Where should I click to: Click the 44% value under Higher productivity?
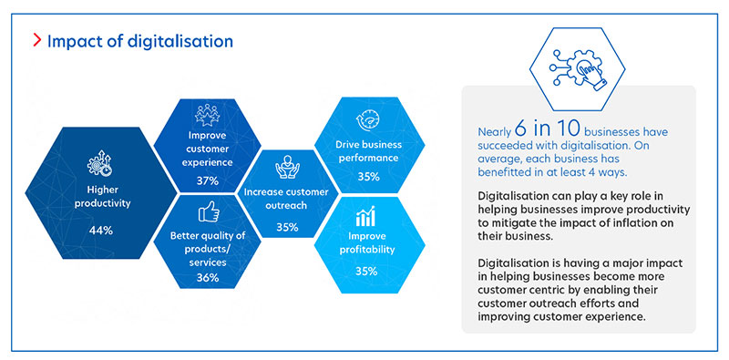point(100,231)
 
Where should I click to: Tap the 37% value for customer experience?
point(207,180)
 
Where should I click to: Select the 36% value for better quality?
point(207,278)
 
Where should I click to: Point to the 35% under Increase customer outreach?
point(287,227)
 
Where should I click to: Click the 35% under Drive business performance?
point(368,177)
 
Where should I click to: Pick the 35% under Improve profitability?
point(368,271)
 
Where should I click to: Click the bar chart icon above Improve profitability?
point(368,217)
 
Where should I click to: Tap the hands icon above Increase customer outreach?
point(287,168)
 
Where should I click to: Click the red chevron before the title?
point(36,42)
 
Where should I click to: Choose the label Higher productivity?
point(100,198)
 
